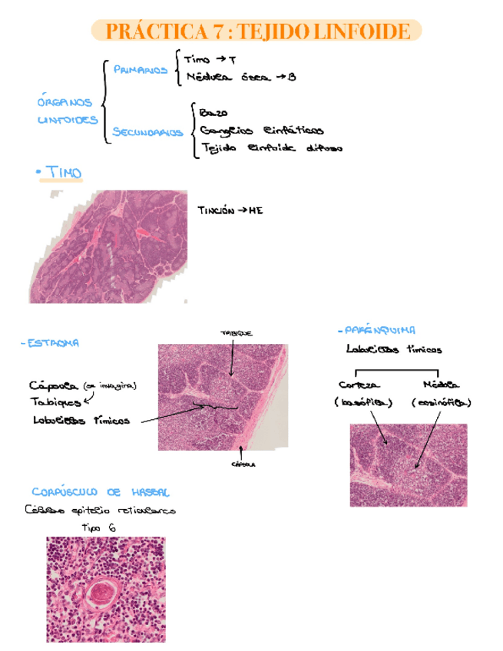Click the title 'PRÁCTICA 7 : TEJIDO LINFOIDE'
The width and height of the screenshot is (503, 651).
(x=256, y=31)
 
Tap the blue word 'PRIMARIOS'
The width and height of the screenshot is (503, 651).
(x=141, y=70)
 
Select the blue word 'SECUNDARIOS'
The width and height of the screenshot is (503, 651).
(x=148, y=132)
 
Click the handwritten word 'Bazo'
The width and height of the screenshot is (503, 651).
(x=211, y=112)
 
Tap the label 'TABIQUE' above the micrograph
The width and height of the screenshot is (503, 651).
(x=236, y=332)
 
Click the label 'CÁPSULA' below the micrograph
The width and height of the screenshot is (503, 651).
(x=243, y=464)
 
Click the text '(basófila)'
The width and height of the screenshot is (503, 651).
(x=362, y=402)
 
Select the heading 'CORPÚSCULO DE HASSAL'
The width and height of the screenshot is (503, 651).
(x=101, y=492)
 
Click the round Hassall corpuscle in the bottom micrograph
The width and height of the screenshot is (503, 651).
(x=101, y=592)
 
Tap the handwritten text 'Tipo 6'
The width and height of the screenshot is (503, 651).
(x=98, y=527)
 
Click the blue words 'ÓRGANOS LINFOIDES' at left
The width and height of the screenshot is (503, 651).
(x=67, y=111)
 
